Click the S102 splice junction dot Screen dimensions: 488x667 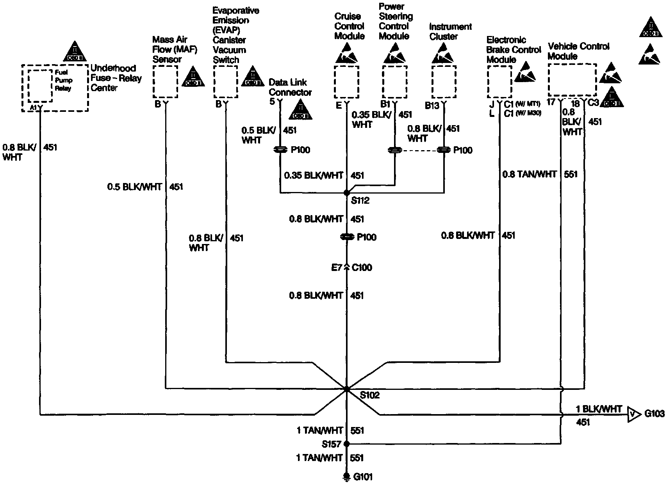[x=347, y=389]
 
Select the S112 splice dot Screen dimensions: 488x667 [x=347, y=193]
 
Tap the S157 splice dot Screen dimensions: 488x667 [x=346, y=444]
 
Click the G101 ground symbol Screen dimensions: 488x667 [x=346, y=477]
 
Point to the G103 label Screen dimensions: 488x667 [x=654, y=414]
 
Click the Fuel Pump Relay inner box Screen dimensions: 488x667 [x=40, y=85]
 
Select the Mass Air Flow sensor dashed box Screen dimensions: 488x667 [x=165, y=81]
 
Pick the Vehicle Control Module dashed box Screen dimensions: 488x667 [x=572, y=80]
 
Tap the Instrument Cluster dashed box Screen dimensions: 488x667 [x=444, y=82]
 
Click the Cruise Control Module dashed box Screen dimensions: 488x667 [x=346, y=82]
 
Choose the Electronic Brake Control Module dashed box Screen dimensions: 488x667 [x=499, y=81]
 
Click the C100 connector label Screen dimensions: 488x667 [x=362, y=268]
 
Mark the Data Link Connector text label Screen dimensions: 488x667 [x=290, y=88]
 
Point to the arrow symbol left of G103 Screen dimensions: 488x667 [x=634, y=414]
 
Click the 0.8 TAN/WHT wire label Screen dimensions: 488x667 [x=529, y=174]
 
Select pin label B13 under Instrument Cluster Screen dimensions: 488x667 [x=432, y=106]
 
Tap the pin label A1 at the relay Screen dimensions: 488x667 [x=33, y=107]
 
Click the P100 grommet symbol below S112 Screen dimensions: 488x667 [x=347, y=237]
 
